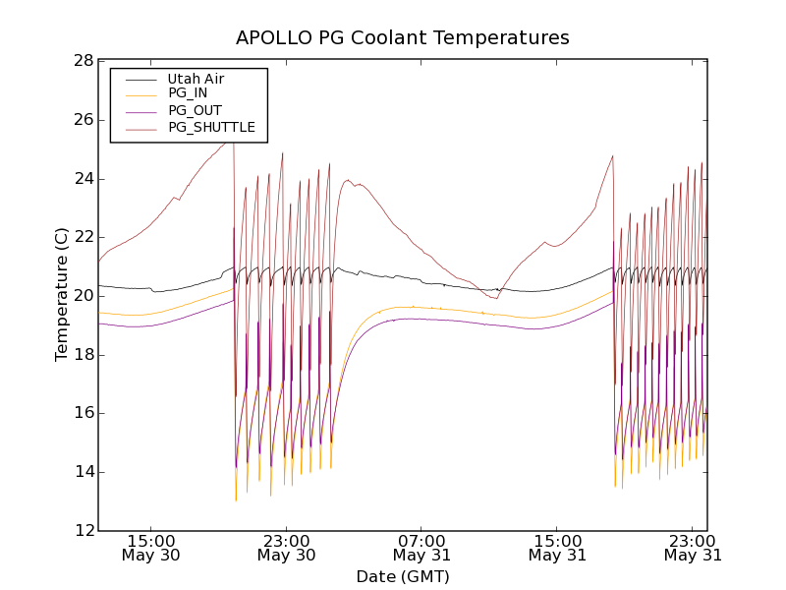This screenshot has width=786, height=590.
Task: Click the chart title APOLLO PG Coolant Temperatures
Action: [403, 38]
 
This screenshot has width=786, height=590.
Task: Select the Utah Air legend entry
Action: [196, 79]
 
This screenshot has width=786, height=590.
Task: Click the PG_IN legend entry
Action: [188, 93]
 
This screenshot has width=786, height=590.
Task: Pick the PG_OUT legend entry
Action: [195, 110]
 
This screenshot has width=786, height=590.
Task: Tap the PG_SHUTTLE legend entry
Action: [211, 127]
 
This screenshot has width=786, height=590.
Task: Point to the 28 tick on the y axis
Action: [84, 61]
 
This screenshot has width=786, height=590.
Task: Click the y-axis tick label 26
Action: [84, 120]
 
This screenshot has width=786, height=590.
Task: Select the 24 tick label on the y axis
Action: [84, 179]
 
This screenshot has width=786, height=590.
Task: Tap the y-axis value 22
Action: [84, 237]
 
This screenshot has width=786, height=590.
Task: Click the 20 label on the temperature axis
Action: [84, 296]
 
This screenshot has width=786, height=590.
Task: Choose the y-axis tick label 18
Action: [84, 355]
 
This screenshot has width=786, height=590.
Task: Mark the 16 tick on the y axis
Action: [84, 413]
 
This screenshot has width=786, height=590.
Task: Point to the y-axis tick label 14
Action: [84, 472]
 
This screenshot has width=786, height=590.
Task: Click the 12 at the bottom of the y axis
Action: [84, 531]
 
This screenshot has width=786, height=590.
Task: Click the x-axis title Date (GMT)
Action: [403, 576]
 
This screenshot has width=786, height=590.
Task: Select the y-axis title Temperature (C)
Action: [62, 295]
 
